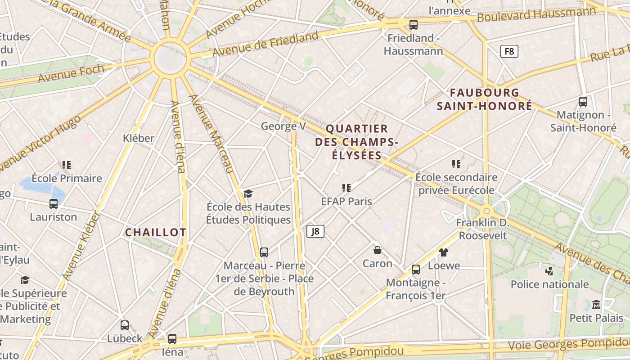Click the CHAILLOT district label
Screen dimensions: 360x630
(x=155, y=232)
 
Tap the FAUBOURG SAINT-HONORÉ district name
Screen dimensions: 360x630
(x=484, y=99)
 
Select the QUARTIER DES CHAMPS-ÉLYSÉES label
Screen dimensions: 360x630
(x=356, y=142)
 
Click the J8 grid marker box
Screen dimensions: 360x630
(x=315, y=231)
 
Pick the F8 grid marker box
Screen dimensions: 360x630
(x=509, y=51)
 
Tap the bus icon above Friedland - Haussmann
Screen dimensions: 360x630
(x=413, y=24)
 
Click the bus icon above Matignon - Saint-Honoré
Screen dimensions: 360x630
(x=583, y=102)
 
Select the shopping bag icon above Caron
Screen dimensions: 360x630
(x=378, y=250)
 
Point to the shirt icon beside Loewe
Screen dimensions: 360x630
(x=444, y=252)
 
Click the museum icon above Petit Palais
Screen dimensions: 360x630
(x=596, y=305)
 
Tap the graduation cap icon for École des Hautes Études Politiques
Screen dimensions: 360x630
(x=248, y=193)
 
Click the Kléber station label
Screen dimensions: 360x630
(x=139, y=138)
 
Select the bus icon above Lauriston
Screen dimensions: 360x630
(x=53, y=204)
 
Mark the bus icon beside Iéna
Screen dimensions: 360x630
(x=172, y=338)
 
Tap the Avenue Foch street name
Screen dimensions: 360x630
(x=71, y=74)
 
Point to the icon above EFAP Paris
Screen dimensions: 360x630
(x=346, y=188)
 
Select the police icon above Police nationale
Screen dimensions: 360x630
(x=549, y=271)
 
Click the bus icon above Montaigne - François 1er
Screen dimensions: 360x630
(x=415, y=270)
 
